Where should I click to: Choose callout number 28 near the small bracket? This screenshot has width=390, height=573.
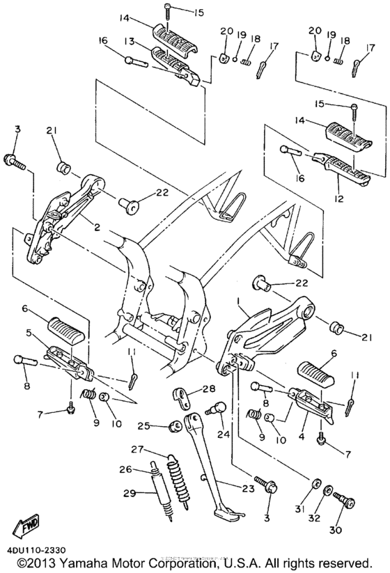tap(209, 388)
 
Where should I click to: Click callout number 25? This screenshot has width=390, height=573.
tap(143, 425)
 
